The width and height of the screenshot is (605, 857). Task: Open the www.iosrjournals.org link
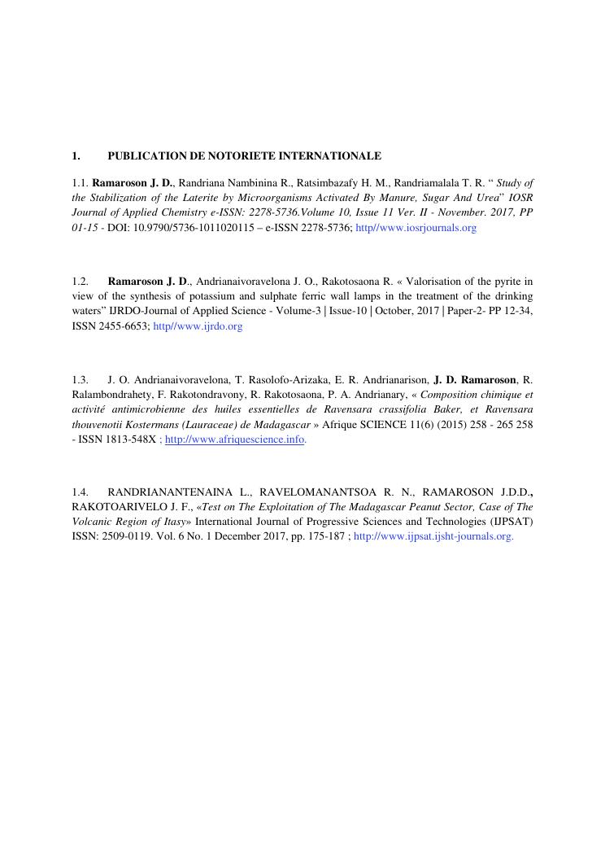[x=416, y=229]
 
